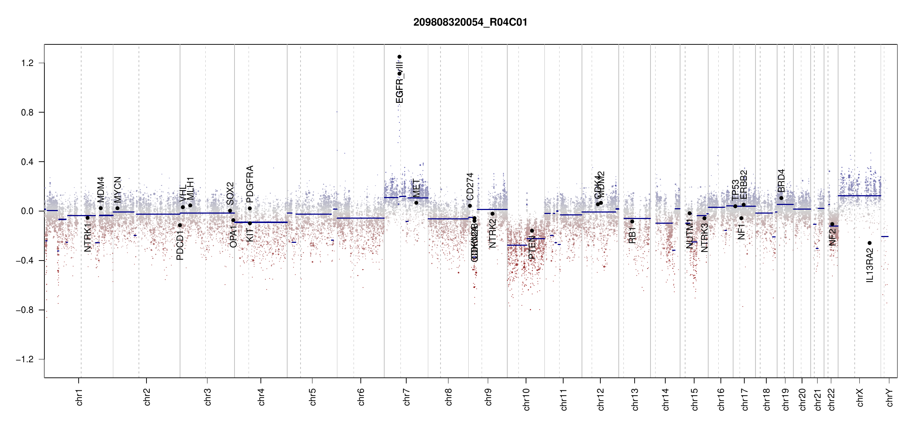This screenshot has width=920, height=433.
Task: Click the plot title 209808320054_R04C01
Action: pyautogui.click(x=470, y=22)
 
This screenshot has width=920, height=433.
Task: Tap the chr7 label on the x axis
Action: pyautogui.click(x=407, y=397)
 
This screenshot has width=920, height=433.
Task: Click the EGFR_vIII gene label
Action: pyautogui.click(x=399, y=81)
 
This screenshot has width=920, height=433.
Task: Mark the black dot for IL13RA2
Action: pyautogui.click(x=869, y=243)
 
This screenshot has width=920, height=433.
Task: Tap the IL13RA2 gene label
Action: pyautogui.click(x=870, y=265)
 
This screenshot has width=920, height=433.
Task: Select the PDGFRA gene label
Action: pyautogui.click(x=250, y=184)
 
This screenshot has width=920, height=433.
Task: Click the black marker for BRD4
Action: pyautogui.click(x=781, y=198)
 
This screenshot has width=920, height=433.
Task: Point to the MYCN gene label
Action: pyautogui.click(x=118, y=189)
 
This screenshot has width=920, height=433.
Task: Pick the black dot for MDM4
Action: pyautogui.click(x=101, y=208)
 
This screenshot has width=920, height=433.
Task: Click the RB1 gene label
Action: pyautogui.click(x=632, y=235)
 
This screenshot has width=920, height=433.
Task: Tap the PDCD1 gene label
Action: pyautogui.click(x=180, y=246)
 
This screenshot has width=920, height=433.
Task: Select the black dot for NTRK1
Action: pyautogui.click(x=87, y=218)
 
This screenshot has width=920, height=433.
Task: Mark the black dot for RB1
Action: pyautogui.click(x=632, y=222)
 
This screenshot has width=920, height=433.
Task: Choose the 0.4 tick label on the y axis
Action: pyautogui.click(x=27, y=162)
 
